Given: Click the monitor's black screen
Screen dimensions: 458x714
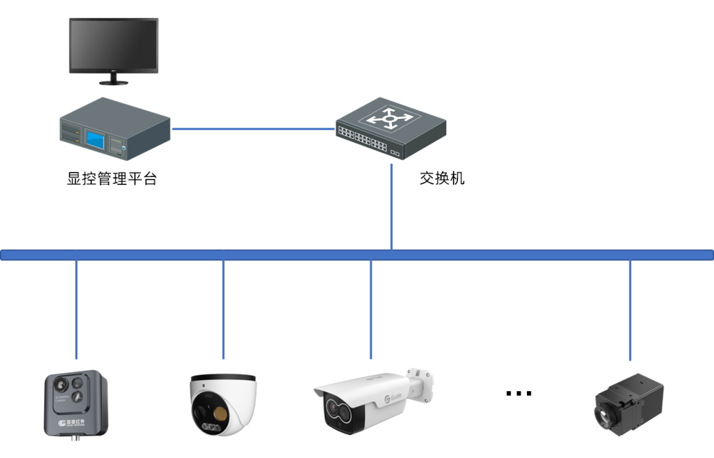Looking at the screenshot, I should pyautogui.click(x=114, y=46).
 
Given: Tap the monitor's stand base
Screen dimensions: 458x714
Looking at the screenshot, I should pyautogui.click(x=114, y=82).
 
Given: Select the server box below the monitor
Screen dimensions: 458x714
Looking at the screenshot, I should pyautogui.click(x=116, y=128).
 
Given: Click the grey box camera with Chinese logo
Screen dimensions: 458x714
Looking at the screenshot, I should pyautogui.click(x=76, y=403).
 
